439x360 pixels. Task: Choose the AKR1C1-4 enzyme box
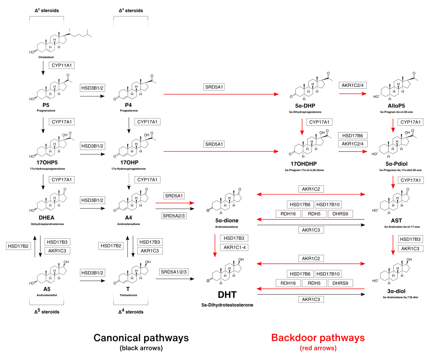point(234,247)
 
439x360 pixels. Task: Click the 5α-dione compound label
point(227,220)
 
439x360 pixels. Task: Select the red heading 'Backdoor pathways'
point(318,338)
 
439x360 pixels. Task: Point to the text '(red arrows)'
point(318,348)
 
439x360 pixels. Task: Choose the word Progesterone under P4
point(128,110)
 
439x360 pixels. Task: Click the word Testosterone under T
point(128,296)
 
